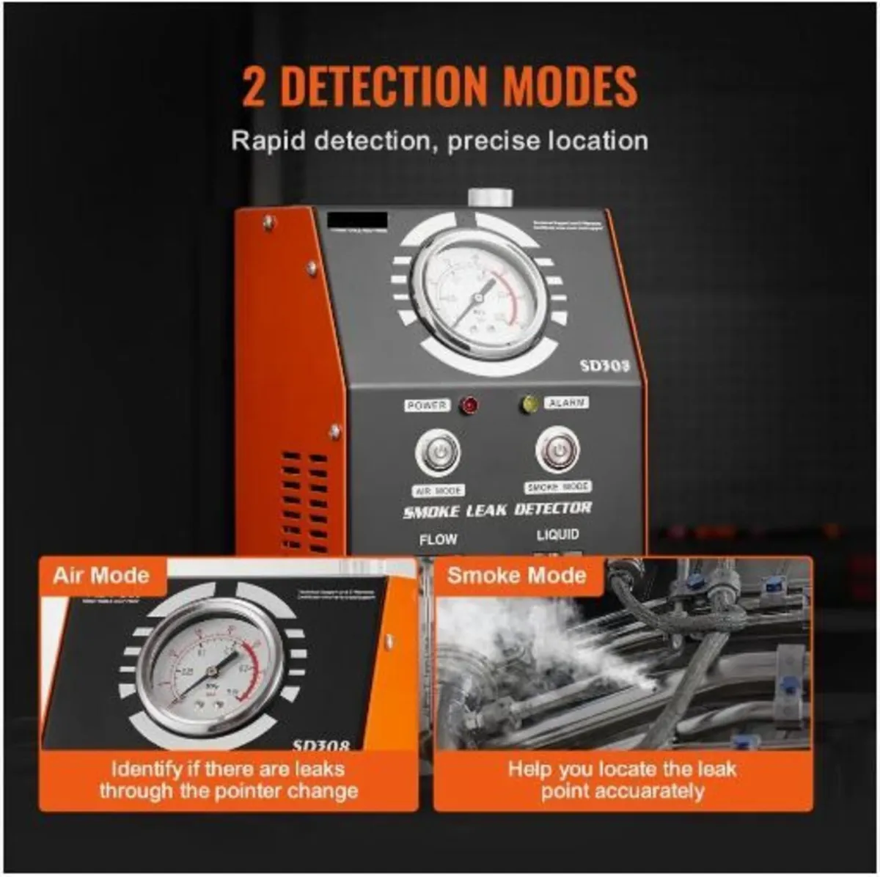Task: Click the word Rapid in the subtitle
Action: [268, 140]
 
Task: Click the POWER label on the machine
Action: [426, 406]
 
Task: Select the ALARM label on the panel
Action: [566, 403]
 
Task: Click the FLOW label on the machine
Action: [438, 540]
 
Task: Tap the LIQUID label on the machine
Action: [557, 535]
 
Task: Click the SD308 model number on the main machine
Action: [605, 364]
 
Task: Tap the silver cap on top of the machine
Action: [490, 198]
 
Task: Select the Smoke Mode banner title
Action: [516, 575]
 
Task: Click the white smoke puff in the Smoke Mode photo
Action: [513, 623]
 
